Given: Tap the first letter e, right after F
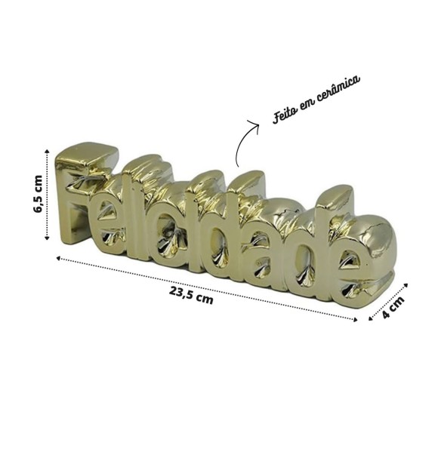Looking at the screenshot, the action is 106,223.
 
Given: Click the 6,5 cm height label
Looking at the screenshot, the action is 39,193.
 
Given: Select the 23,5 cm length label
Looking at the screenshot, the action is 191,296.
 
